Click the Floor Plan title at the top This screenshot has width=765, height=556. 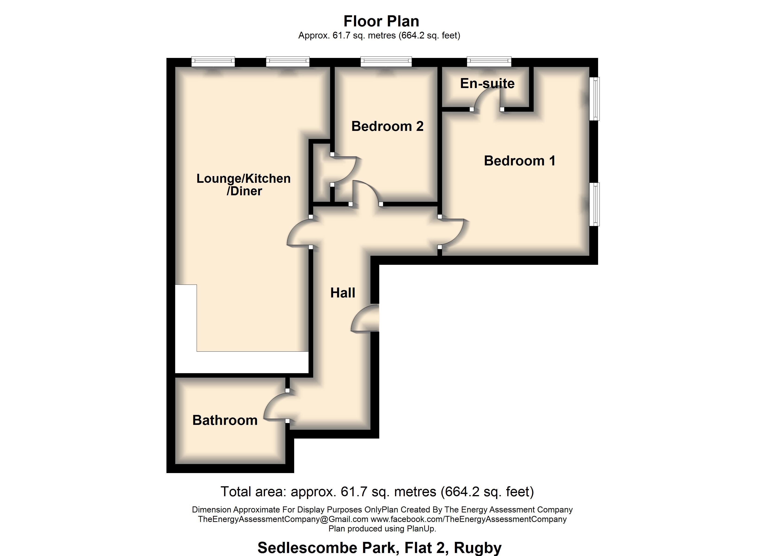pos(381,21)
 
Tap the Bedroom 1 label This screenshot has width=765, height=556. pos(520,161)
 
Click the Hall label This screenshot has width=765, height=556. pos(342,293)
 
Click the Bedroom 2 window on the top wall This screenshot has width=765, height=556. pos(386,61)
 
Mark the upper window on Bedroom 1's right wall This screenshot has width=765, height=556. pos(596,99)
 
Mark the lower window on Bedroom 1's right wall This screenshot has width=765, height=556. pos(596,204)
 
